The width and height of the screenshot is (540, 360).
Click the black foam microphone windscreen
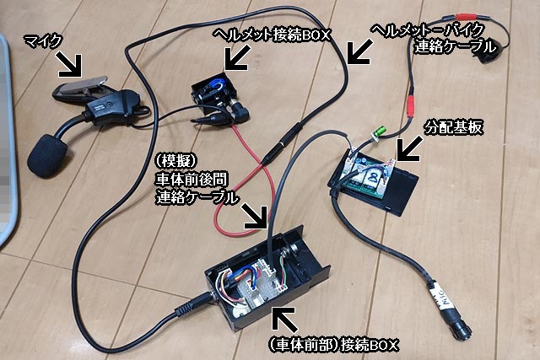[47, 156]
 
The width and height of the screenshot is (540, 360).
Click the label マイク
[42, 41]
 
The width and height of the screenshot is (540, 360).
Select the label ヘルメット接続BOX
[272, 35]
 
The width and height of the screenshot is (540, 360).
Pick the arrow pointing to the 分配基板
[408, 148]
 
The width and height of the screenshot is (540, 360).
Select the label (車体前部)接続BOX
[333, 345]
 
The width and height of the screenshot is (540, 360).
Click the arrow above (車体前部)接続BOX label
[284, 319]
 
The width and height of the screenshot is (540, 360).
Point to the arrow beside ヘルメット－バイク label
[360, 52]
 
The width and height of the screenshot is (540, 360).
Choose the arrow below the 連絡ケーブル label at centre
[255, 217]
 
